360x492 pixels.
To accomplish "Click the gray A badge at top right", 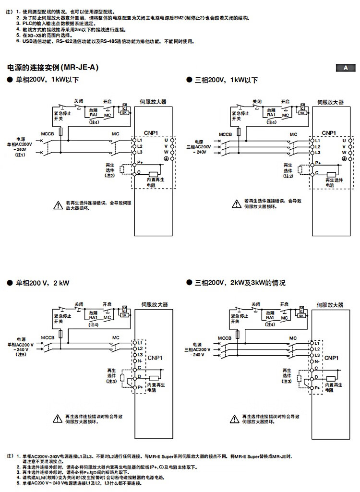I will click(x=345, y=68).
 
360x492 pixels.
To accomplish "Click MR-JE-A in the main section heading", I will click(x=80, y=68).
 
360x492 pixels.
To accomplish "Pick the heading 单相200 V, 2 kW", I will click(x=43, y=283).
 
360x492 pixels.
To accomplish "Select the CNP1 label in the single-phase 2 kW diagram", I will click(x=155, y=357).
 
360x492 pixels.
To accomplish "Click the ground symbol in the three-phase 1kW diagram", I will click(x=344, y=158).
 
